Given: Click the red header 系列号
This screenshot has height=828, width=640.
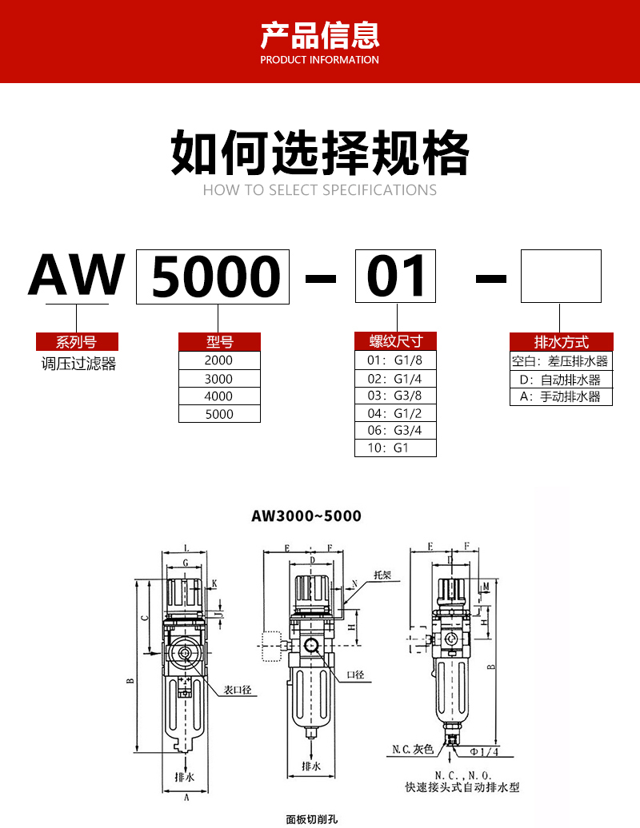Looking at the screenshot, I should point(78,342).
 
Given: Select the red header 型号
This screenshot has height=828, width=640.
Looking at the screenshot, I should point(220,342).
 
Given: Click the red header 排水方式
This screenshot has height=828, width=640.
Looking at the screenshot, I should point(561,342).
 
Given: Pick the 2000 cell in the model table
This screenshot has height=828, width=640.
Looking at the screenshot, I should point(219,360).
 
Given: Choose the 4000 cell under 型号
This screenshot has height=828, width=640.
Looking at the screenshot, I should point(219,396).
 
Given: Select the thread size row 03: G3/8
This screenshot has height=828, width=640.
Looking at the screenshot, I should point(395,396).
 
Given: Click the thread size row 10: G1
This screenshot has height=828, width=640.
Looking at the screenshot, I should point(395,448).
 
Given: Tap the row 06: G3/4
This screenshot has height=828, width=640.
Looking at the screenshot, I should point(395,430).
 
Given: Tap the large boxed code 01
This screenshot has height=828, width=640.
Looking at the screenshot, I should point(396,277).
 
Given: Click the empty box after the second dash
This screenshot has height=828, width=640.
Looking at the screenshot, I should point(561,277).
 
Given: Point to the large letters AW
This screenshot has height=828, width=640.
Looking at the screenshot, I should point(78,276).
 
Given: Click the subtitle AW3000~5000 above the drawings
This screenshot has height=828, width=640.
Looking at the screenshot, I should point(306,516).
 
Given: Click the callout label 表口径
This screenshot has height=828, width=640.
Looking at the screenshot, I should point(238,689).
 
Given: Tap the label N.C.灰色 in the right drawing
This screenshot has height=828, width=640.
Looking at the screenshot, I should point(413,750).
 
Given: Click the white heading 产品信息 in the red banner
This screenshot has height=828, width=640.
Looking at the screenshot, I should point(320,36).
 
